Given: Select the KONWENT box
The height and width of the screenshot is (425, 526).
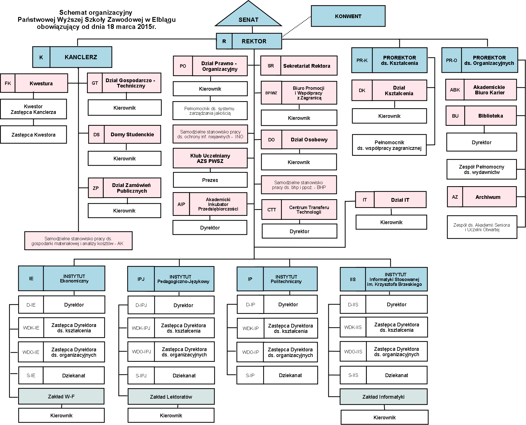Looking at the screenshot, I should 348,16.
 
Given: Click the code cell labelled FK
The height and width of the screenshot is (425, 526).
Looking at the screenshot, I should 8,83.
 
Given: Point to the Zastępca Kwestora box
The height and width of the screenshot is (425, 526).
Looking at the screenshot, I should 33,135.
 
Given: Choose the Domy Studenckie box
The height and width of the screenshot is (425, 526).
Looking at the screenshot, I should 132,135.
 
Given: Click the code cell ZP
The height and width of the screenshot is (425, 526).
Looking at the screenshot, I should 96,188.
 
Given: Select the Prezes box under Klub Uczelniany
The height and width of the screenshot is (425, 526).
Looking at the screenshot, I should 210,180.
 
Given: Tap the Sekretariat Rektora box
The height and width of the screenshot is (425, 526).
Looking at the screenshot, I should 306,66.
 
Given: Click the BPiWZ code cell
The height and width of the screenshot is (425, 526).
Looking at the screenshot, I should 271,93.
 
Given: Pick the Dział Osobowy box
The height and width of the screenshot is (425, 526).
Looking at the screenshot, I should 309,140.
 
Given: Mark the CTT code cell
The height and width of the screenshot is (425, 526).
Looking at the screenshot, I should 271,210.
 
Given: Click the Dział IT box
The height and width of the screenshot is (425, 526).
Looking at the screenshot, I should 400,200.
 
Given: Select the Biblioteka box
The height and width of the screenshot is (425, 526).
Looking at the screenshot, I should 490,116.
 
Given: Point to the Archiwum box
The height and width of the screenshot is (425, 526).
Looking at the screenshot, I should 488,197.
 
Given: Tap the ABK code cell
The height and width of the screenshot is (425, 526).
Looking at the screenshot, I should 455,90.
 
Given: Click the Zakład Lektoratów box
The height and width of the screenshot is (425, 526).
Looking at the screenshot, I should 171,397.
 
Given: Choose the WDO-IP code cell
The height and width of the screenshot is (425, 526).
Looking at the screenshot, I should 251,352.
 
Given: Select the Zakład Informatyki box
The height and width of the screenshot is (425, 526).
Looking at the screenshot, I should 384,397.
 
